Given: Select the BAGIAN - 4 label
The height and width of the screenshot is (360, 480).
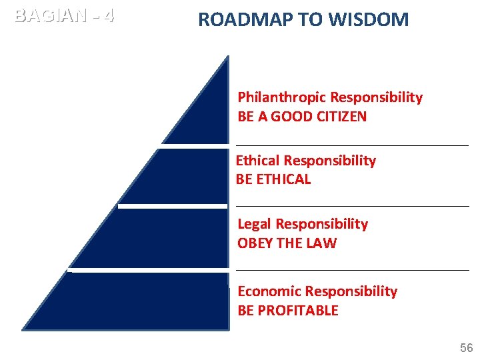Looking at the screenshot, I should tap(64, 15).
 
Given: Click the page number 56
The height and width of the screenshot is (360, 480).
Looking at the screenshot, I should tap(466, 348).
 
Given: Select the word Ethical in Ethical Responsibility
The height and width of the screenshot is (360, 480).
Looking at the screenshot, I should tap(258, 161).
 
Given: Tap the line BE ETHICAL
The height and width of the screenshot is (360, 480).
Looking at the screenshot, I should tap(273, 179).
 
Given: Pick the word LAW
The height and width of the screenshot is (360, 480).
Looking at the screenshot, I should tap(323, 243).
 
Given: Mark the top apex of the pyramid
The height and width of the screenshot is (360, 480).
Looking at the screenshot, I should tap(227, 57).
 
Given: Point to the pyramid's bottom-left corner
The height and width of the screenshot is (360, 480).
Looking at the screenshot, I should tap(24, 328).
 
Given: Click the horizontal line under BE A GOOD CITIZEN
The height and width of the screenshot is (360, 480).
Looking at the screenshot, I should tap(352, 144).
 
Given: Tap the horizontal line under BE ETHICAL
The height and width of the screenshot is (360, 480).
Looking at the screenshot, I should tap(352, 206).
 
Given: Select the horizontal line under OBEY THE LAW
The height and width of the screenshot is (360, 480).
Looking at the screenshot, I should tap(352, 269).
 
